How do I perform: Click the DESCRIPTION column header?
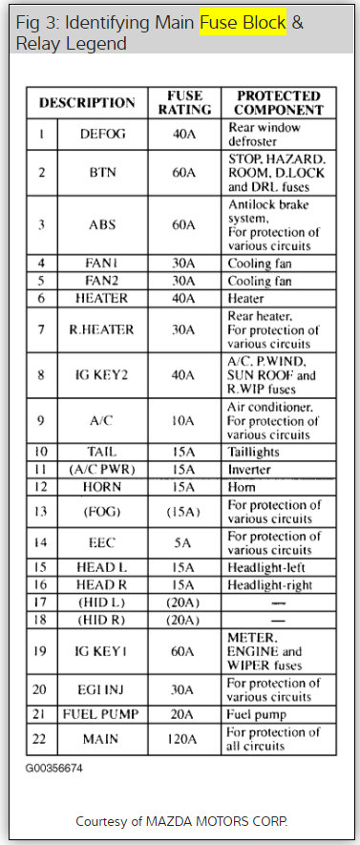tap(87, 103)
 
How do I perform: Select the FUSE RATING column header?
tap(184, 102)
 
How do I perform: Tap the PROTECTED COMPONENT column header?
tap(278, 102)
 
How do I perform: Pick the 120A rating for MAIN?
tap(184, 739)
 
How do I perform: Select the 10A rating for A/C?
tap(184, 418)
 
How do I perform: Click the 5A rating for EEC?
tap(184, 543)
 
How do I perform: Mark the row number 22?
tap(40, 739)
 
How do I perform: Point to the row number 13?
tap(40, 512)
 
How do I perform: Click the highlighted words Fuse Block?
tap(243, 23)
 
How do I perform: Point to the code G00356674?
tap(54, 766)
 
